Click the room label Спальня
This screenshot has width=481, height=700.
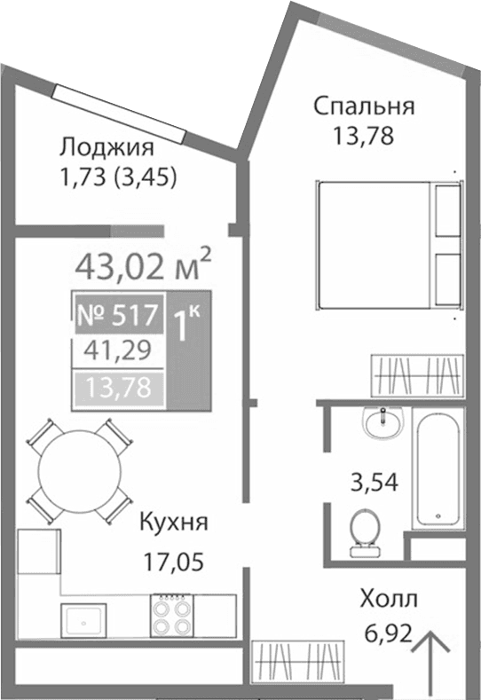(x=363, y=107)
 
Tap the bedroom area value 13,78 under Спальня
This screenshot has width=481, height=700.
(x=363, y=137)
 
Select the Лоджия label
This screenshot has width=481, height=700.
(x=106, y=147)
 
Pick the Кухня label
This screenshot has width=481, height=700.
(x=174, y=523)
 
